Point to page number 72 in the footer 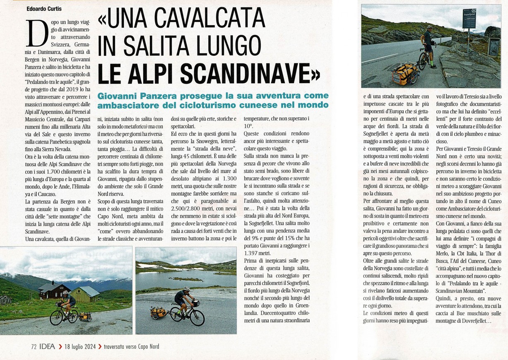point(34,347)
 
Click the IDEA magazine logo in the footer point(47,347)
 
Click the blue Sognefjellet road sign point(469,19)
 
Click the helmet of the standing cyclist point(429,27)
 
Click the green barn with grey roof point(85,294)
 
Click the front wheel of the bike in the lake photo point(197,317)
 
